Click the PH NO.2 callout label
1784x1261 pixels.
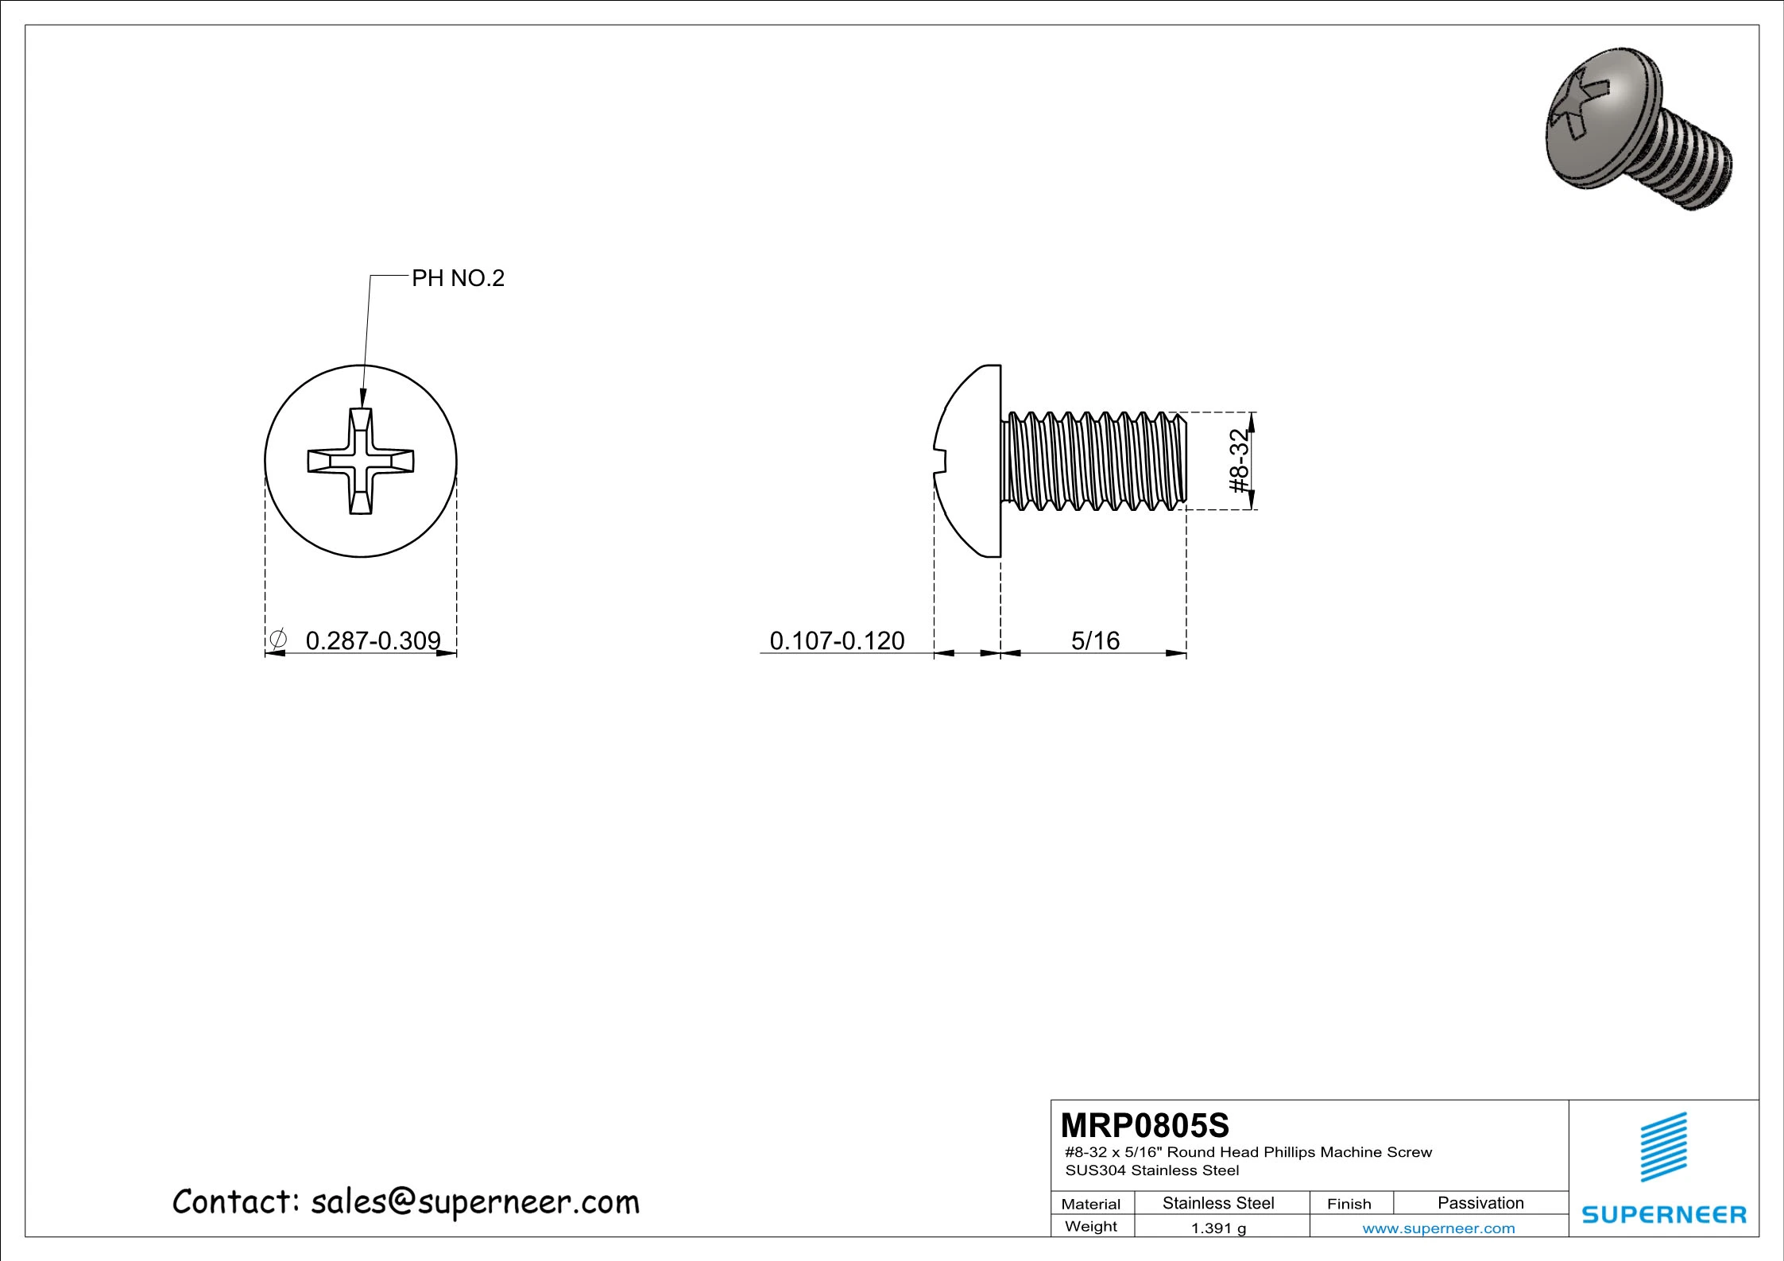coord(458,279)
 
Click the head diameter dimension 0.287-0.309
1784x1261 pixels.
coord(373,640)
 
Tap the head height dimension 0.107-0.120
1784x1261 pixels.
coord(837,640)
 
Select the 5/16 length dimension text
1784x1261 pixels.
coord(1095,640)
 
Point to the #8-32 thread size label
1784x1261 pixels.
coord(1239,461)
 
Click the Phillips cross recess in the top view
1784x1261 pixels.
coord(361,461)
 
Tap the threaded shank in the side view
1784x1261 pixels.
coord(1095,461)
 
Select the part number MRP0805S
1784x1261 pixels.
coord(1145,1125)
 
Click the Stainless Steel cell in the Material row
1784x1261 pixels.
coord(1218,1203)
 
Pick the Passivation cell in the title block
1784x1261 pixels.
coord(1480,1203)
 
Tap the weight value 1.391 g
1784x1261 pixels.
coord(1218,1228)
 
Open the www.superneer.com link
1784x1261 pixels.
coord(1438,1228)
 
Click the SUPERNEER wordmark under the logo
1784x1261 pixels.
coord(1664,1214)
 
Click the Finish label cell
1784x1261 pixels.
coord(1349,1204)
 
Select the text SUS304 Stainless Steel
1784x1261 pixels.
coord(1152,1170)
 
